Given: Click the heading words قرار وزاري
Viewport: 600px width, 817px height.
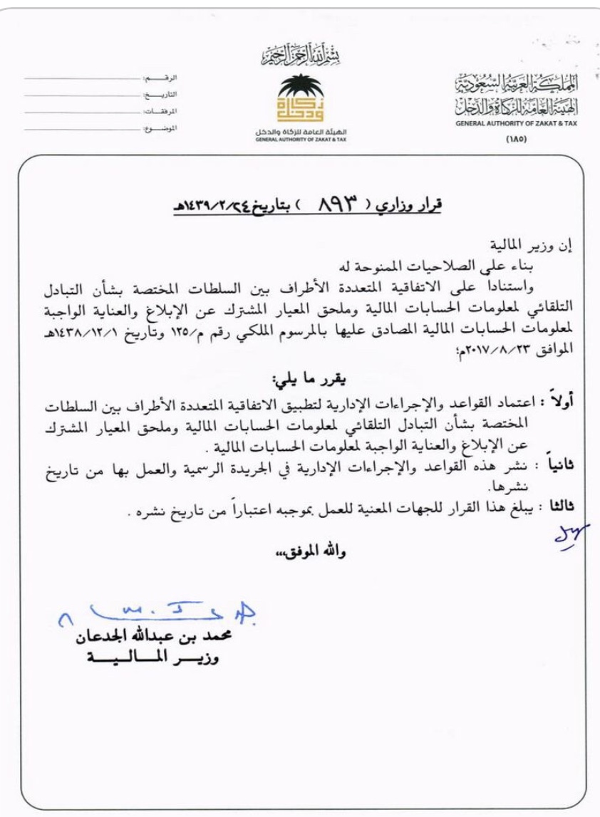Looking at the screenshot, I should tap(413, 204).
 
